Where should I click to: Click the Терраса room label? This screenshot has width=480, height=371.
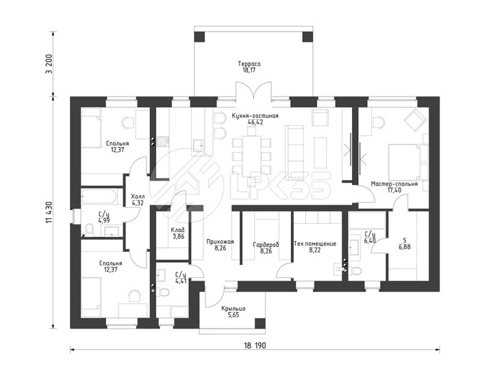pyautogui.click(x=249, y=64)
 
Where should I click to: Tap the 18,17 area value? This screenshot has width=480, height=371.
pyautogui.click(x=249, y=70)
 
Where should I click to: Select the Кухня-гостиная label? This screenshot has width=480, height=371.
pyautogui.click(x=255, y=116)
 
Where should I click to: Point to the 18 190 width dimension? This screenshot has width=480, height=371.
pyautogui.click(x=255, y=346)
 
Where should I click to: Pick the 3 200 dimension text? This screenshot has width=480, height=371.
pyautogui.click(x=50, y=64)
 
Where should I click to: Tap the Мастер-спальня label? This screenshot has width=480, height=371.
pyautogui.click(x=394, y=184)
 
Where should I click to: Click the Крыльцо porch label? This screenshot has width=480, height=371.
pyautogui.click(x=233, y=309)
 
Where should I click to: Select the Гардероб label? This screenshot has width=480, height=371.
pyautogui.click(x=266, y=244)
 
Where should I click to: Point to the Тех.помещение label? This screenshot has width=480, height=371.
pyautogui.click(x=315, y=244)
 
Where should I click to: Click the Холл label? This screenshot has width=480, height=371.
pyautogui.click(x=138, y=196)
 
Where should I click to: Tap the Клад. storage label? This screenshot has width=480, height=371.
pyautogui.click(x=178, y=230)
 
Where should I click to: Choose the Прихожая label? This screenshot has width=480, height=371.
pyautogui.click(x=220, y=242)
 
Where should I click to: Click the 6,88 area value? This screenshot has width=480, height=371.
pyautogui.click(x=405, y=246)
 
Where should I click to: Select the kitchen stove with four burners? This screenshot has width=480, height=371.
pyautogui.click(x=163, y=142)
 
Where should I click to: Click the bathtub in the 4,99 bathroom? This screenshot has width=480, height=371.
pyautogui.click(x=99, y=196)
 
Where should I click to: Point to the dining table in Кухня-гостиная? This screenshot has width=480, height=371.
pyautogui.click(x=251, y=156)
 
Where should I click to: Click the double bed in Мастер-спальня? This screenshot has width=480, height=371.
pyautogui.click(x=404, y=162)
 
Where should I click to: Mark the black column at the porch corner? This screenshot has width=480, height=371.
pyautogui.click(x=260, y=323)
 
